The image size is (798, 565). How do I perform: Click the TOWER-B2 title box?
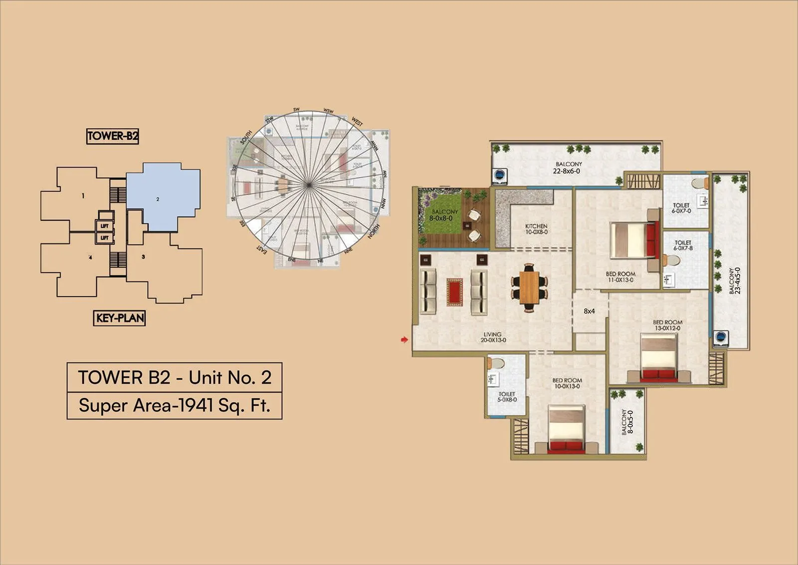pyautogui.click(x=112, y=136)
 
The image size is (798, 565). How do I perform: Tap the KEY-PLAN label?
pyautogui.click(x=120, y=318)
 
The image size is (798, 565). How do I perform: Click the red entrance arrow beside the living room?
pyautogui.click(x=404, y=340)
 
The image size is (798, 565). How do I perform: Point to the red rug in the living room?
pyautogui.click(x=454, y=292)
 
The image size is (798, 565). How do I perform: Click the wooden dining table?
pyautogui.click(x=529, y=288)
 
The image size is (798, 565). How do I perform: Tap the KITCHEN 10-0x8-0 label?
pyautogui.click(x=536, y=229)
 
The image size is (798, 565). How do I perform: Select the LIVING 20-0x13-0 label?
pyautogui.click(x=493, y=338)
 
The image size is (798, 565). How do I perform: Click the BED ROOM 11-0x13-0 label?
pyautogui.click(x=620, y=277)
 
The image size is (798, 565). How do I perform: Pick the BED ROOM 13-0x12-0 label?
pyautogui.click(x=667, y=325)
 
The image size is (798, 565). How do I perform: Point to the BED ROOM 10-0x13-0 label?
pyautogui.click(x=567, y=383)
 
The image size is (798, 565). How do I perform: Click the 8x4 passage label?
pyautogui.click(x=589, y=311)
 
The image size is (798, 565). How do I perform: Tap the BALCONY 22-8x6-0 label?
pyautogui.click(x=568, y=168)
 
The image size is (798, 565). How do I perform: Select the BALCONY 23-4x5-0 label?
pyautogui.click(x=734, y=281)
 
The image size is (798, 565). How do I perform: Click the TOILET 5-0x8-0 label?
pyautogui.click(x=507, y=397)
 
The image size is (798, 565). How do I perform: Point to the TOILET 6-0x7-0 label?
pyautogui.click(x=681, y=208)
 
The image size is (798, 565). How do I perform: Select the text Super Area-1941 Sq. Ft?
pyautogui.click(x=174, y=405)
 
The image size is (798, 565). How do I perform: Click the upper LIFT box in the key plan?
pyautogui.click(x=105, y=226)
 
